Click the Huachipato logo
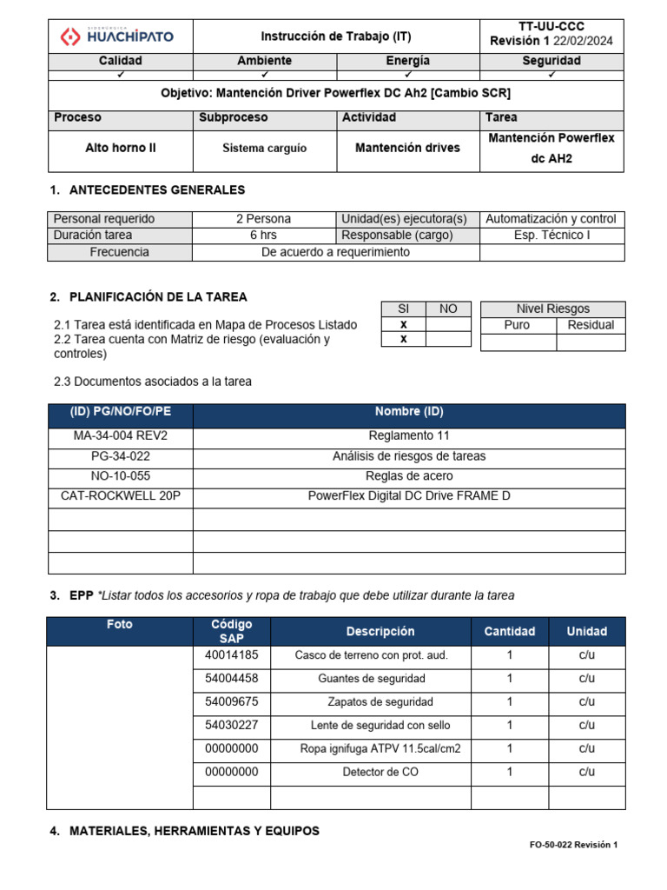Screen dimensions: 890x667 (117, 37)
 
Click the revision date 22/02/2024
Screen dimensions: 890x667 (582, 42)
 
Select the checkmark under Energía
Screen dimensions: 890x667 (408, 75)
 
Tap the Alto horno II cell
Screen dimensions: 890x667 (120, 148)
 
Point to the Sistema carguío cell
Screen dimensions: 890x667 (264, 148)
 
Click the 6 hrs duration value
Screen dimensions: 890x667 (263, 236)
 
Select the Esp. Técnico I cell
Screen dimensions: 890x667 (551, 236)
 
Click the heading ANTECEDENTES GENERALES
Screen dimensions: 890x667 (156, 190)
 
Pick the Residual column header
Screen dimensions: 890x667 (590, 325)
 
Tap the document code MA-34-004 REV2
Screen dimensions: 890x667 (120, 435)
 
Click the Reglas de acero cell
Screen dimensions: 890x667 (408, 476)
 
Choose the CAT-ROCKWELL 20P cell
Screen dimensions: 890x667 (120, 496)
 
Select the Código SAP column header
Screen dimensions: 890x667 (231, 631)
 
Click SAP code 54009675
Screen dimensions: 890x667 (231, 701)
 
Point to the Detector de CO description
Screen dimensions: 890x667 (380, 772)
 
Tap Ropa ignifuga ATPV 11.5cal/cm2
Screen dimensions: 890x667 (380, 748)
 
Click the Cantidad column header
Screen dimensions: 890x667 (509, 632)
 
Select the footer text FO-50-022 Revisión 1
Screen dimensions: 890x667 (573, 845)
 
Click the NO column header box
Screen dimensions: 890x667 (447, 309)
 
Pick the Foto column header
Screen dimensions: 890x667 (120, 625)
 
